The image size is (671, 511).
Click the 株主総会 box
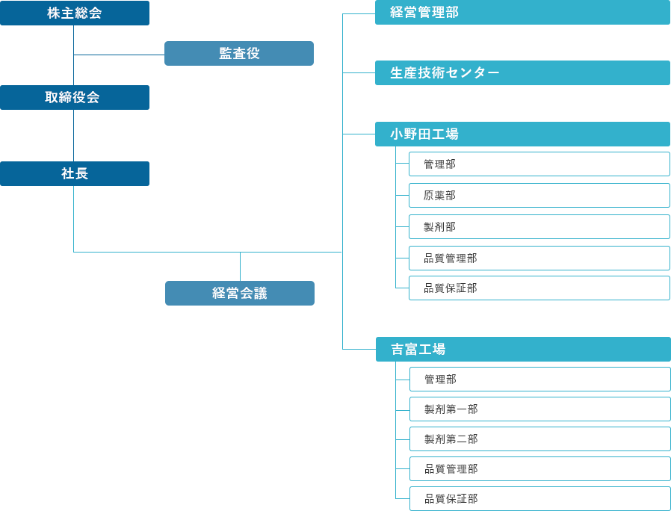point(75,13)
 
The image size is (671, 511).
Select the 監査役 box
point(239,54)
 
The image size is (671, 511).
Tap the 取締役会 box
point(75,98)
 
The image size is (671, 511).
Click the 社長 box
point(75,174)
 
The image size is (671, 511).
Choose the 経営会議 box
point(239,294)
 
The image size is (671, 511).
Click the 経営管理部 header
point(523,13)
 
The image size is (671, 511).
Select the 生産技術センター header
point(523,73)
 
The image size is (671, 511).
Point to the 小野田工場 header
point(523,134)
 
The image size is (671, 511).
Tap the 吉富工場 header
point(523,350)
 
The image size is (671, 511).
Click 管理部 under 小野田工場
point(539,164)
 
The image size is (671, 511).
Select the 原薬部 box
point(539,196)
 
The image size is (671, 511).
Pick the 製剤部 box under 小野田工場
point(539,227)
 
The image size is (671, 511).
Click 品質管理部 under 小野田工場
point(539,258)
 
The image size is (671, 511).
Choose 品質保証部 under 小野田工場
point(539,288)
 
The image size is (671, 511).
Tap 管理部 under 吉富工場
point(539,380)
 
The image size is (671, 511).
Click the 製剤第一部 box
point(539,409)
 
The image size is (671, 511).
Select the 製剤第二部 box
point(539,439)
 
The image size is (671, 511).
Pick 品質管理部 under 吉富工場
point(539,469)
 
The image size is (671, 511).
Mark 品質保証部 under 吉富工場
point(539,499)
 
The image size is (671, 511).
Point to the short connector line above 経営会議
point(240,267)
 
